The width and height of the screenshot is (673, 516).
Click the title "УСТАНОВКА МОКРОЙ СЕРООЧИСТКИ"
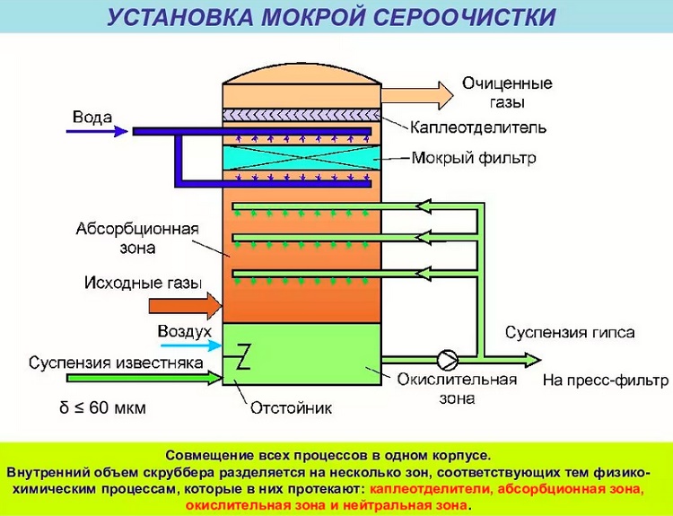pyautogui.click(x=336, y=17)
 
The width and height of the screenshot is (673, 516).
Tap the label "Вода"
pyautogui.click(x=92, y=118)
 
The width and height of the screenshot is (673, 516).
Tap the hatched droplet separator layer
pyautogui.click(x=297, y=115)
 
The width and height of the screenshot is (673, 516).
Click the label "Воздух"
pyautogui.click(x=184, y=332)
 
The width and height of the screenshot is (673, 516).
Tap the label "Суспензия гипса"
pyautogui.click(x=570, y=333)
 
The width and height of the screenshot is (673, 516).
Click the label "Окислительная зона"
pyautogui.click(x=457, y=387)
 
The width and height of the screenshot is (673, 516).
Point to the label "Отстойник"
pyautogui.click(x=291, y=407)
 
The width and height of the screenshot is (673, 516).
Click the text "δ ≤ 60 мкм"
pyautogui.click(x=102, y=408)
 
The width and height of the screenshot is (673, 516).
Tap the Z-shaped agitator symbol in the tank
pyautogui.click(x=241, y=357)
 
